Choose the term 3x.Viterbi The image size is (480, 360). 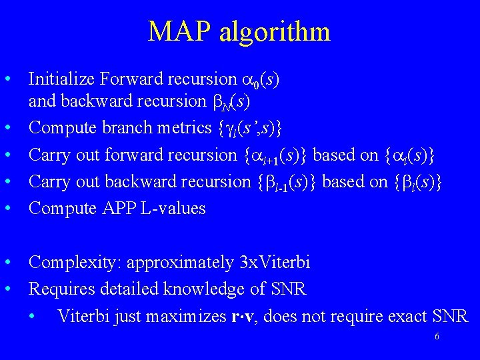click(x=275, y=263)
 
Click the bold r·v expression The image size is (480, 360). click(x=261, y=316)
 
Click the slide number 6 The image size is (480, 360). click(x=437, y=337)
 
